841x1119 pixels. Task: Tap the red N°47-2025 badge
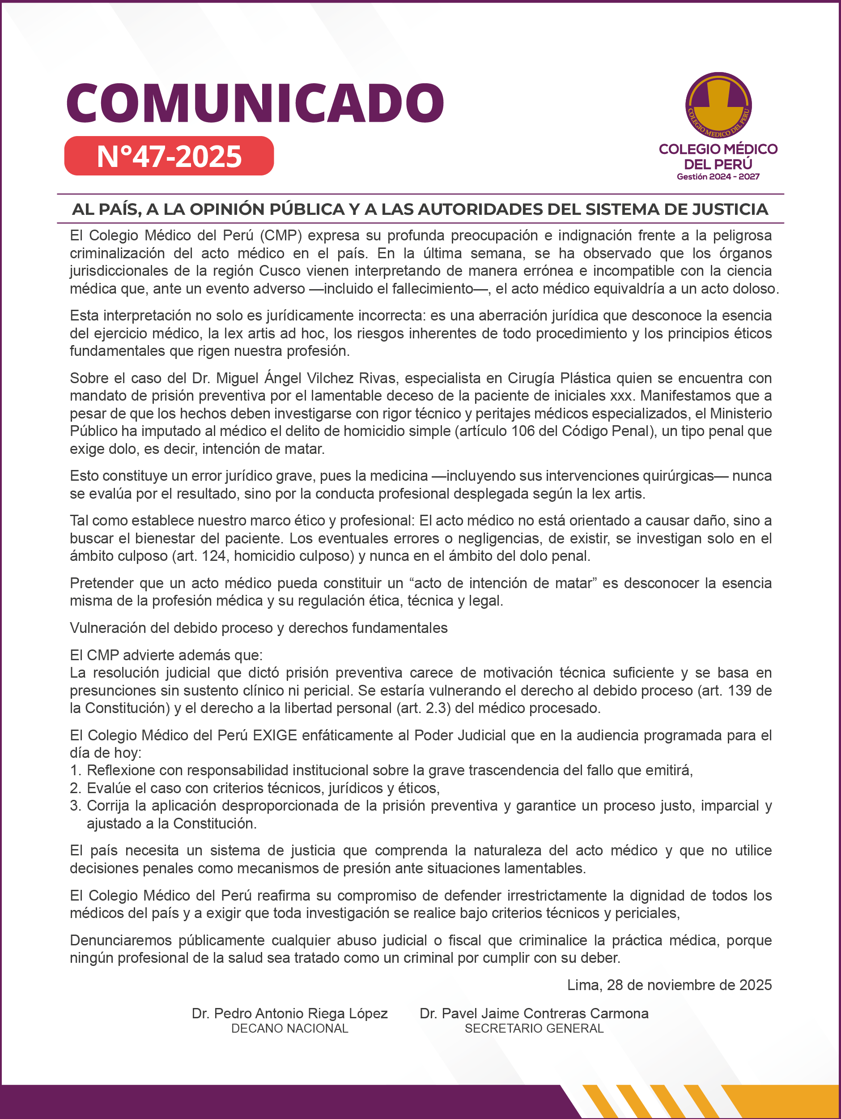point(169,156)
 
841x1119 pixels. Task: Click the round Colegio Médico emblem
point(718,105)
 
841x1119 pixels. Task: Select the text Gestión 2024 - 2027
point(718,176)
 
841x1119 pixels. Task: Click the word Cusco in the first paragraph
point(280,271)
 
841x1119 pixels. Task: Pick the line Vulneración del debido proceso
point(259,628)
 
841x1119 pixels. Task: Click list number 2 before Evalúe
point(75,788)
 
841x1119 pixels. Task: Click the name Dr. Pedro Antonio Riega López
point(289,1013)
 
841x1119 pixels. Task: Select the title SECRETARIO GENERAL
point(534,1029)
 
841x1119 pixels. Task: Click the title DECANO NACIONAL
point(289,1029)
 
